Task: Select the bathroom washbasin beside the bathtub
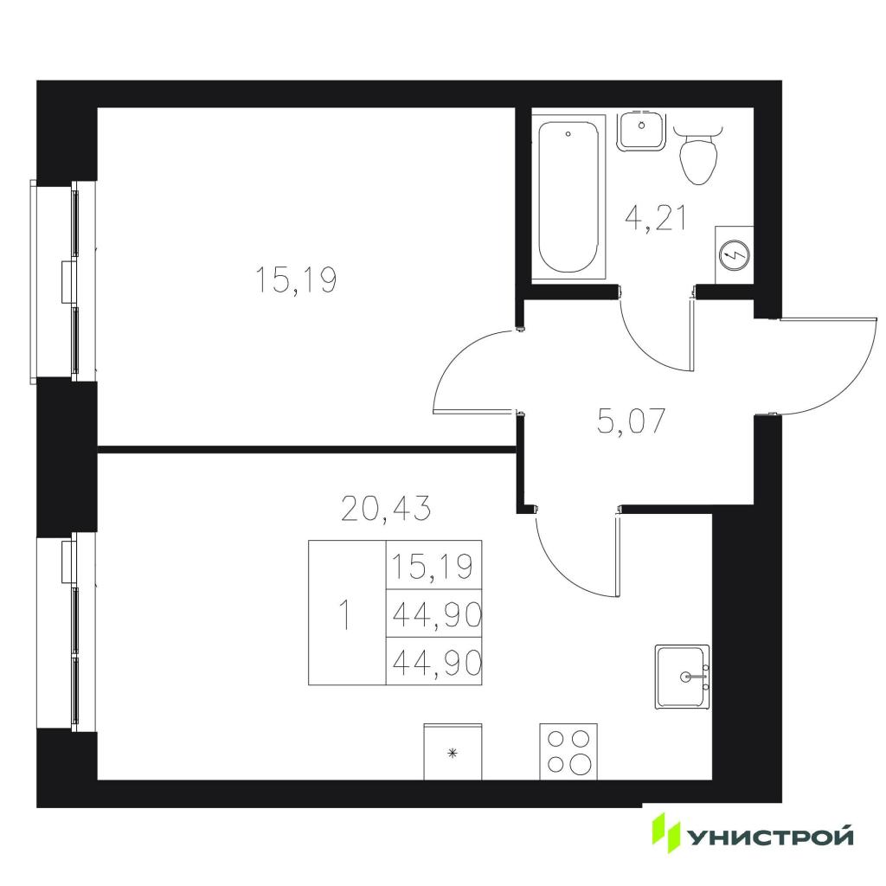click(641, 132)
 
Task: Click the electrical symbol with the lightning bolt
click(735, 256)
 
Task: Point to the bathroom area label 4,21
click(656, 219)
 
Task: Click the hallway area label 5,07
click(632, 421)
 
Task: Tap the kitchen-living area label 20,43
click(387, 507)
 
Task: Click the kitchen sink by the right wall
click(682, 676)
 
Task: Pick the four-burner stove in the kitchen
click(568, 752)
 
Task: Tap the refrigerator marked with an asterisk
click(453, 752)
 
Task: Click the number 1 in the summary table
click(344, 615)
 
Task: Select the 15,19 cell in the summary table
click(433, 566)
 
